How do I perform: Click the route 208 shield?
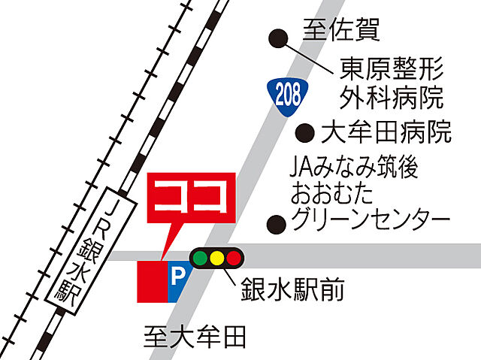286,93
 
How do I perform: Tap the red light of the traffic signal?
234,259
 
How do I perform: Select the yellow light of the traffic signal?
217,259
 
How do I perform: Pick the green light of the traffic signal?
200,259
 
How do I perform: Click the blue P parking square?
178,281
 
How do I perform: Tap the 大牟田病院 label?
386,132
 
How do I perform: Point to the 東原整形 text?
392,68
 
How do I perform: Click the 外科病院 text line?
392,96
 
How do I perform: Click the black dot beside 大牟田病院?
304,133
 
